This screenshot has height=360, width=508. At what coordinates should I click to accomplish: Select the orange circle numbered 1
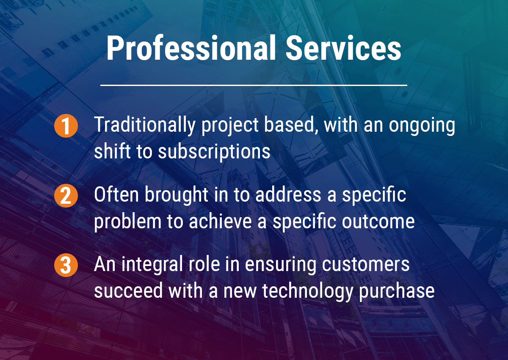pyautogui.click(x=66, y=127)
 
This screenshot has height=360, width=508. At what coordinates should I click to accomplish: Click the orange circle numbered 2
pyautogui.click(x=66, y=196)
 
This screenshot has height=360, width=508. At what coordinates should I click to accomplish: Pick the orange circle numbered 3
pyautogui.click(x=66, y=266)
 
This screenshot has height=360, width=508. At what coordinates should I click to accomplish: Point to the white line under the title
pyautogui.click(x=254, y=85)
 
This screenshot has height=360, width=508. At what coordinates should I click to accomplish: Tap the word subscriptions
pyautogui.click(x=214, y=151)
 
